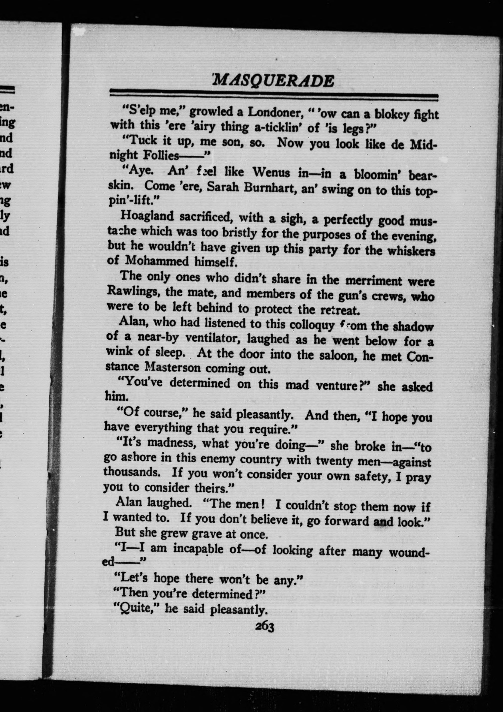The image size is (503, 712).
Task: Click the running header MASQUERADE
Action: pos(274,81)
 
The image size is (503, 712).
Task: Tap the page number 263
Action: pos(264,627)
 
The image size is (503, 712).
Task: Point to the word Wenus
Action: pos(271,173)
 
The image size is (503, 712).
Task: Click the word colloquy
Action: pos(312,324)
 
